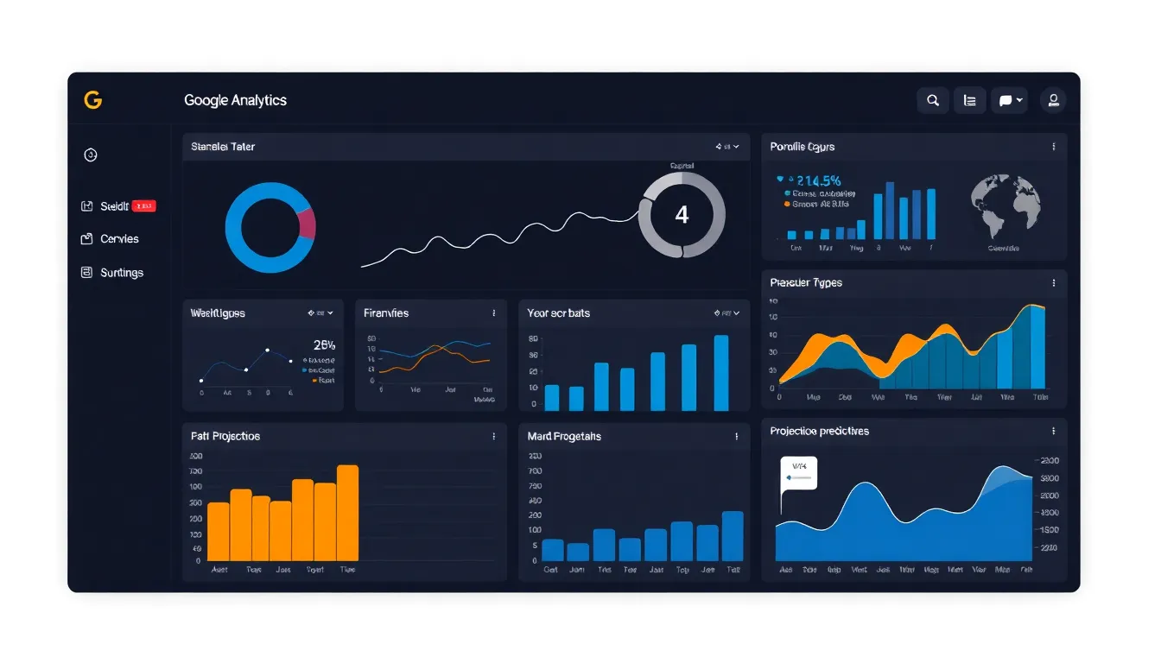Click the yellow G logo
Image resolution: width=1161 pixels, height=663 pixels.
[92, 100]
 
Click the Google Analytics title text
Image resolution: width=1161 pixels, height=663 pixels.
[235, 100]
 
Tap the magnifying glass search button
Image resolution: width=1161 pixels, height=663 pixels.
[933, 100]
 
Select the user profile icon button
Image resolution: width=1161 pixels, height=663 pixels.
[1053, 100]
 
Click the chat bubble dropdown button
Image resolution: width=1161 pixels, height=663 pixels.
[1009, 100]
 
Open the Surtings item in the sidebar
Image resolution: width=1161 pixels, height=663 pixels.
[121, 273]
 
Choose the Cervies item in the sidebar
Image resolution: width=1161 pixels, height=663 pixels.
[119, 239]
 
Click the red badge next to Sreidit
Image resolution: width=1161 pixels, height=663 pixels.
[144, 206]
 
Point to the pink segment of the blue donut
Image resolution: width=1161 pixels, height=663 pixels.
[307, 223]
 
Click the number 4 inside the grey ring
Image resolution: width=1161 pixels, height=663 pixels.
[682, 215]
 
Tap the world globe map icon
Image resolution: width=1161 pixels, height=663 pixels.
[1006, 207]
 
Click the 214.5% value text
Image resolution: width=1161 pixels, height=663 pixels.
[818, 180]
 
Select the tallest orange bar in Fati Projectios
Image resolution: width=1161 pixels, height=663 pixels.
[347, 513]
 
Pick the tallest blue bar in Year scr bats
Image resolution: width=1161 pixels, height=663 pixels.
[721, 373]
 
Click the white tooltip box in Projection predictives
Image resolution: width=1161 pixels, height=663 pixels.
[799, 474]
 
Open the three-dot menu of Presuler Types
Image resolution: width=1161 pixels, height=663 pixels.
[1054, 283]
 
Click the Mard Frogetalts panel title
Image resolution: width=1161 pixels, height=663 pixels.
[564, 437]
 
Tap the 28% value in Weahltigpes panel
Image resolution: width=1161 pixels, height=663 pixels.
[324, 344]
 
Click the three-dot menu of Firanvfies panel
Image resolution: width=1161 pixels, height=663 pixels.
[494, 313]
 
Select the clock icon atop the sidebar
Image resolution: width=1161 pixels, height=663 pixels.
[91, 155]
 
